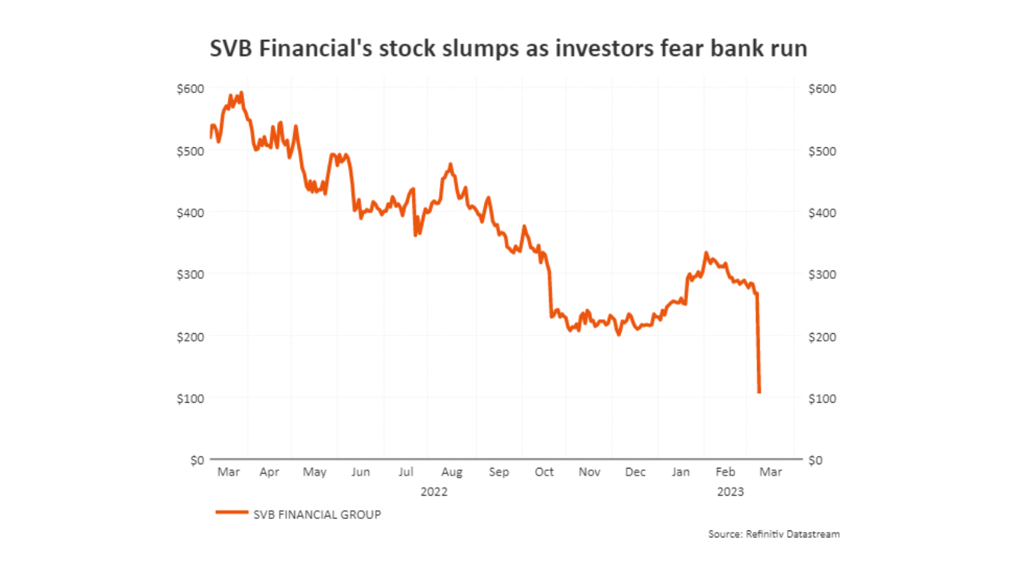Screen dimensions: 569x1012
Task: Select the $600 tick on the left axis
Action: coord(190,89)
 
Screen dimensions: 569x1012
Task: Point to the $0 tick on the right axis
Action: coord(815,460)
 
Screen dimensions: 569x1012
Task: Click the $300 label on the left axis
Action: coord(190,274)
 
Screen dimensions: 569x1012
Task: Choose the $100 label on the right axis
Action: coord(822,398)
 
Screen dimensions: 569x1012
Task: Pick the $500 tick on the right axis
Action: coord(822,151)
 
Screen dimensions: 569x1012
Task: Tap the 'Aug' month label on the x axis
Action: coord(452,472)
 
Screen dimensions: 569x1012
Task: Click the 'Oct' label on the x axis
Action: coord(544,472)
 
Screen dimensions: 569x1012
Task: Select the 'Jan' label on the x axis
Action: coord(681,472)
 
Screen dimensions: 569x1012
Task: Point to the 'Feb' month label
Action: coord(725,472)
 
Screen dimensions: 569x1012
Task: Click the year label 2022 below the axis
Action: coord(434,492)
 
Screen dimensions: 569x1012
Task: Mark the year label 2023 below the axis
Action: coord(730,492)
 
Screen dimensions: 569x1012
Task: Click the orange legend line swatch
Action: coord(231,512)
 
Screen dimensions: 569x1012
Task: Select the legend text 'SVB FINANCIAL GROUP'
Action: coord(317,515)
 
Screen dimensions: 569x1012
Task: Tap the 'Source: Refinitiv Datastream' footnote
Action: coord(774,534)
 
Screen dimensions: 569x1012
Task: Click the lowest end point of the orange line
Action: coord(759,392)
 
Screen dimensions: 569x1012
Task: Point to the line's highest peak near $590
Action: coord(242,93)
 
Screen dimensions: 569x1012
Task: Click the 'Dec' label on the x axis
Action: coord(635,472)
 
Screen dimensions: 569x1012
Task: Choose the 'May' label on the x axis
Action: coord(314,472)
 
